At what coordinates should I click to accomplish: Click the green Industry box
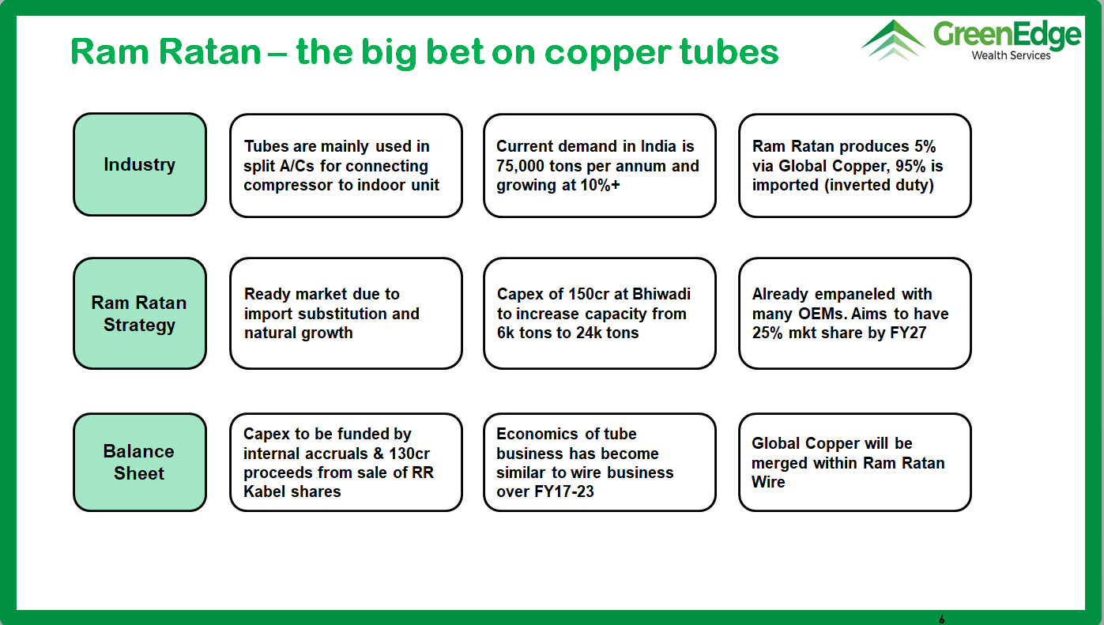(x=140, y=164)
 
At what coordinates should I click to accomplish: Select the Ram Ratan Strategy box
(x=140, y=314)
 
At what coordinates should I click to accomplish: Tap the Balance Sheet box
(x=140, y=462)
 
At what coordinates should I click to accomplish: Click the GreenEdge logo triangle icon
(x=893, y=40)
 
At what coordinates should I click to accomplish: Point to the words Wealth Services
(x=1011, y=55)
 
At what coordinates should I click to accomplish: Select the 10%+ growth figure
(x=600, y=186)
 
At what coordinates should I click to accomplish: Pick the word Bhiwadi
(x=661, y=294)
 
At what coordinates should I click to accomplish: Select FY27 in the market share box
(x=908, y=333)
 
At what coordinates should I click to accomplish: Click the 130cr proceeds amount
(x=409, y=454)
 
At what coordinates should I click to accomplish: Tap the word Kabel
(x=264, y=492)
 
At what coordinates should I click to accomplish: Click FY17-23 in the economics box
(x=563, y=492)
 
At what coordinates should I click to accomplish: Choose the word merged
(x=779, y=463)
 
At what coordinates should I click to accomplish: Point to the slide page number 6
(x=942, y=619)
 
